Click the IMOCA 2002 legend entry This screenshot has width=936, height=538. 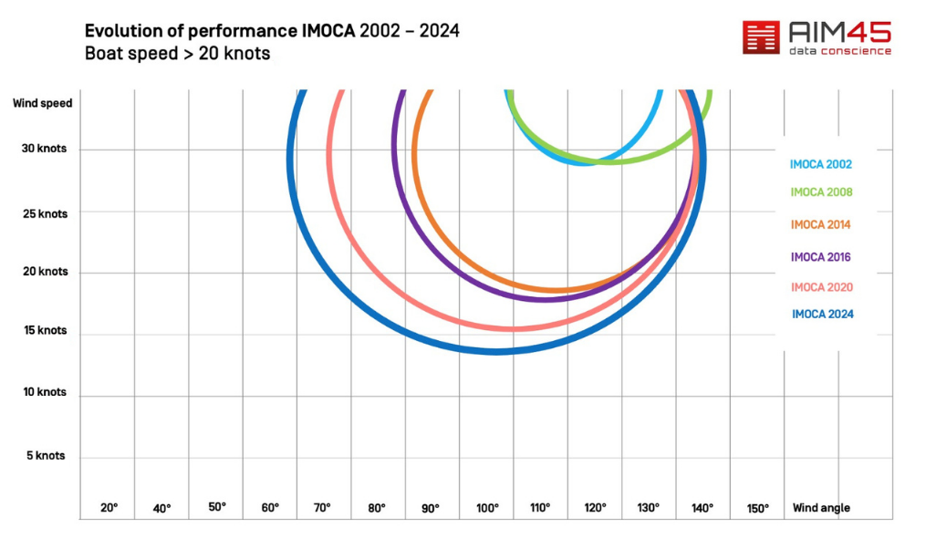click(x=821, y=165)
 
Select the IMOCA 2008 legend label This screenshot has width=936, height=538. click(x=821, y=192)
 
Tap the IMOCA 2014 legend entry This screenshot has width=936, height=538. click(x=821, y=225)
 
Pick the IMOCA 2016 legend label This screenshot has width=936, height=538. click(x=821, y=257)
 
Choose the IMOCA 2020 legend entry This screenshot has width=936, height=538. click(x=821, y=287)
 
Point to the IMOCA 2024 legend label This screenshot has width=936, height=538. click(x=822, y=315)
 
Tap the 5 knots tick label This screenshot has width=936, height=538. click(x=45, y=455)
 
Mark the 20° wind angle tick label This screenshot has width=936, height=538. click(x=109, y=508)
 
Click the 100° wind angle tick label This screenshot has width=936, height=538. click(x=487, y=508)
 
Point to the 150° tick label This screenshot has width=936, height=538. click(x=757, y=508)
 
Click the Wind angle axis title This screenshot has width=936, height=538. click(x=821, y=508)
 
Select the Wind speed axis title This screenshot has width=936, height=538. click(x=42, y=103)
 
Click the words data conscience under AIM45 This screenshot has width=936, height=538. click(x=839, y=51)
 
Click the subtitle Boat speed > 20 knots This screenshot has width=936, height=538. click(x=177, y=54)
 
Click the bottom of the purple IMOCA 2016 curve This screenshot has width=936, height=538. click(x=545, y=298)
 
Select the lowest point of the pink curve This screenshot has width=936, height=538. click(x=513, y=328)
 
